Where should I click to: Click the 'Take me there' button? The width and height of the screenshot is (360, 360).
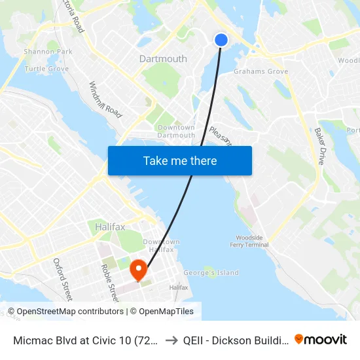coord(180,161)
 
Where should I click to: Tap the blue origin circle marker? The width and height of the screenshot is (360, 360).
coord(221,40)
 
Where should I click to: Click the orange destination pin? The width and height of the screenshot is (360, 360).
coord(139,268)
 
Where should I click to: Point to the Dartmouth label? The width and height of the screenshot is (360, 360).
coord(163,59)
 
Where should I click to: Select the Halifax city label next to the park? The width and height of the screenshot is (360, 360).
coord(109,226)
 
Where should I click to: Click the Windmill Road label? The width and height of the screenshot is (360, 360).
coord(106,100)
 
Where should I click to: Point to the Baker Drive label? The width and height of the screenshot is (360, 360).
coord(319,145)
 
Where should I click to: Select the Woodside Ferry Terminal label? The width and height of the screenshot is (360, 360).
coord(249,241)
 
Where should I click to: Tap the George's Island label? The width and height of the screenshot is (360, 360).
coord(211,273)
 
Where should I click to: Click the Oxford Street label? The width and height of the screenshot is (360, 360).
coord(63,279)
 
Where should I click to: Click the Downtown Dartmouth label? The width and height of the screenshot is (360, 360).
coord(176,131)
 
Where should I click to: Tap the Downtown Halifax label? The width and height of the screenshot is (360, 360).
coord(162,245)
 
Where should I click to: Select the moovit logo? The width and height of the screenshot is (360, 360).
coord(321,339)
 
